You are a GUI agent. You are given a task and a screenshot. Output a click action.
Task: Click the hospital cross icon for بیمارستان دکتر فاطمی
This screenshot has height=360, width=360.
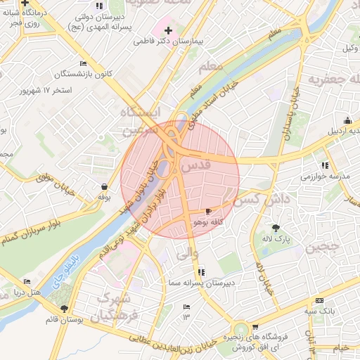(168, 30)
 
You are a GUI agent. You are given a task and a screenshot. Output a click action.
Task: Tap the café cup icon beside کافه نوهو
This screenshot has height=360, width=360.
(208, 211)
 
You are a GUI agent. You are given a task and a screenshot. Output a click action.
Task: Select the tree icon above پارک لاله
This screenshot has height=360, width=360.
(276, 228)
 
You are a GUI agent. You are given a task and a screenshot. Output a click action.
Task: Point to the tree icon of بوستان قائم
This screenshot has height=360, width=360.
(65, 309)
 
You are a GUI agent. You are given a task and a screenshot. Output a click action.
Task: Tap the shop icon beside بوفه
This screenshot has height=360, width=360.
(104, 187)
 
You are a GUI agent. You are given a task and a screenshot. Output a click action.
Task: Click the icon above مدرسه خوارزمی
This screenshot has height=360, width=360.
(307, 164)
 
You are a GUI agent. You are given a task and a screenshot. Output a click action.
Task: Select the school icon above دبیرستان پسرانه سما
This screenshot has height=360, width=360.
(202, 271)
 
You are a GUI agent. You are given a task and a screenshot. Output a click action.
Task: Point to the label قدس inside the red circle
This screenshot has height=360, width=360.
(196, 167)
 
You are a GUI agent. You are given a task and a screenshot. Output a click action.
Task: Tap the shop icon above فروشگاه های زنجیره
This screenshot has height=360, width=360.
(255, 326)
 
